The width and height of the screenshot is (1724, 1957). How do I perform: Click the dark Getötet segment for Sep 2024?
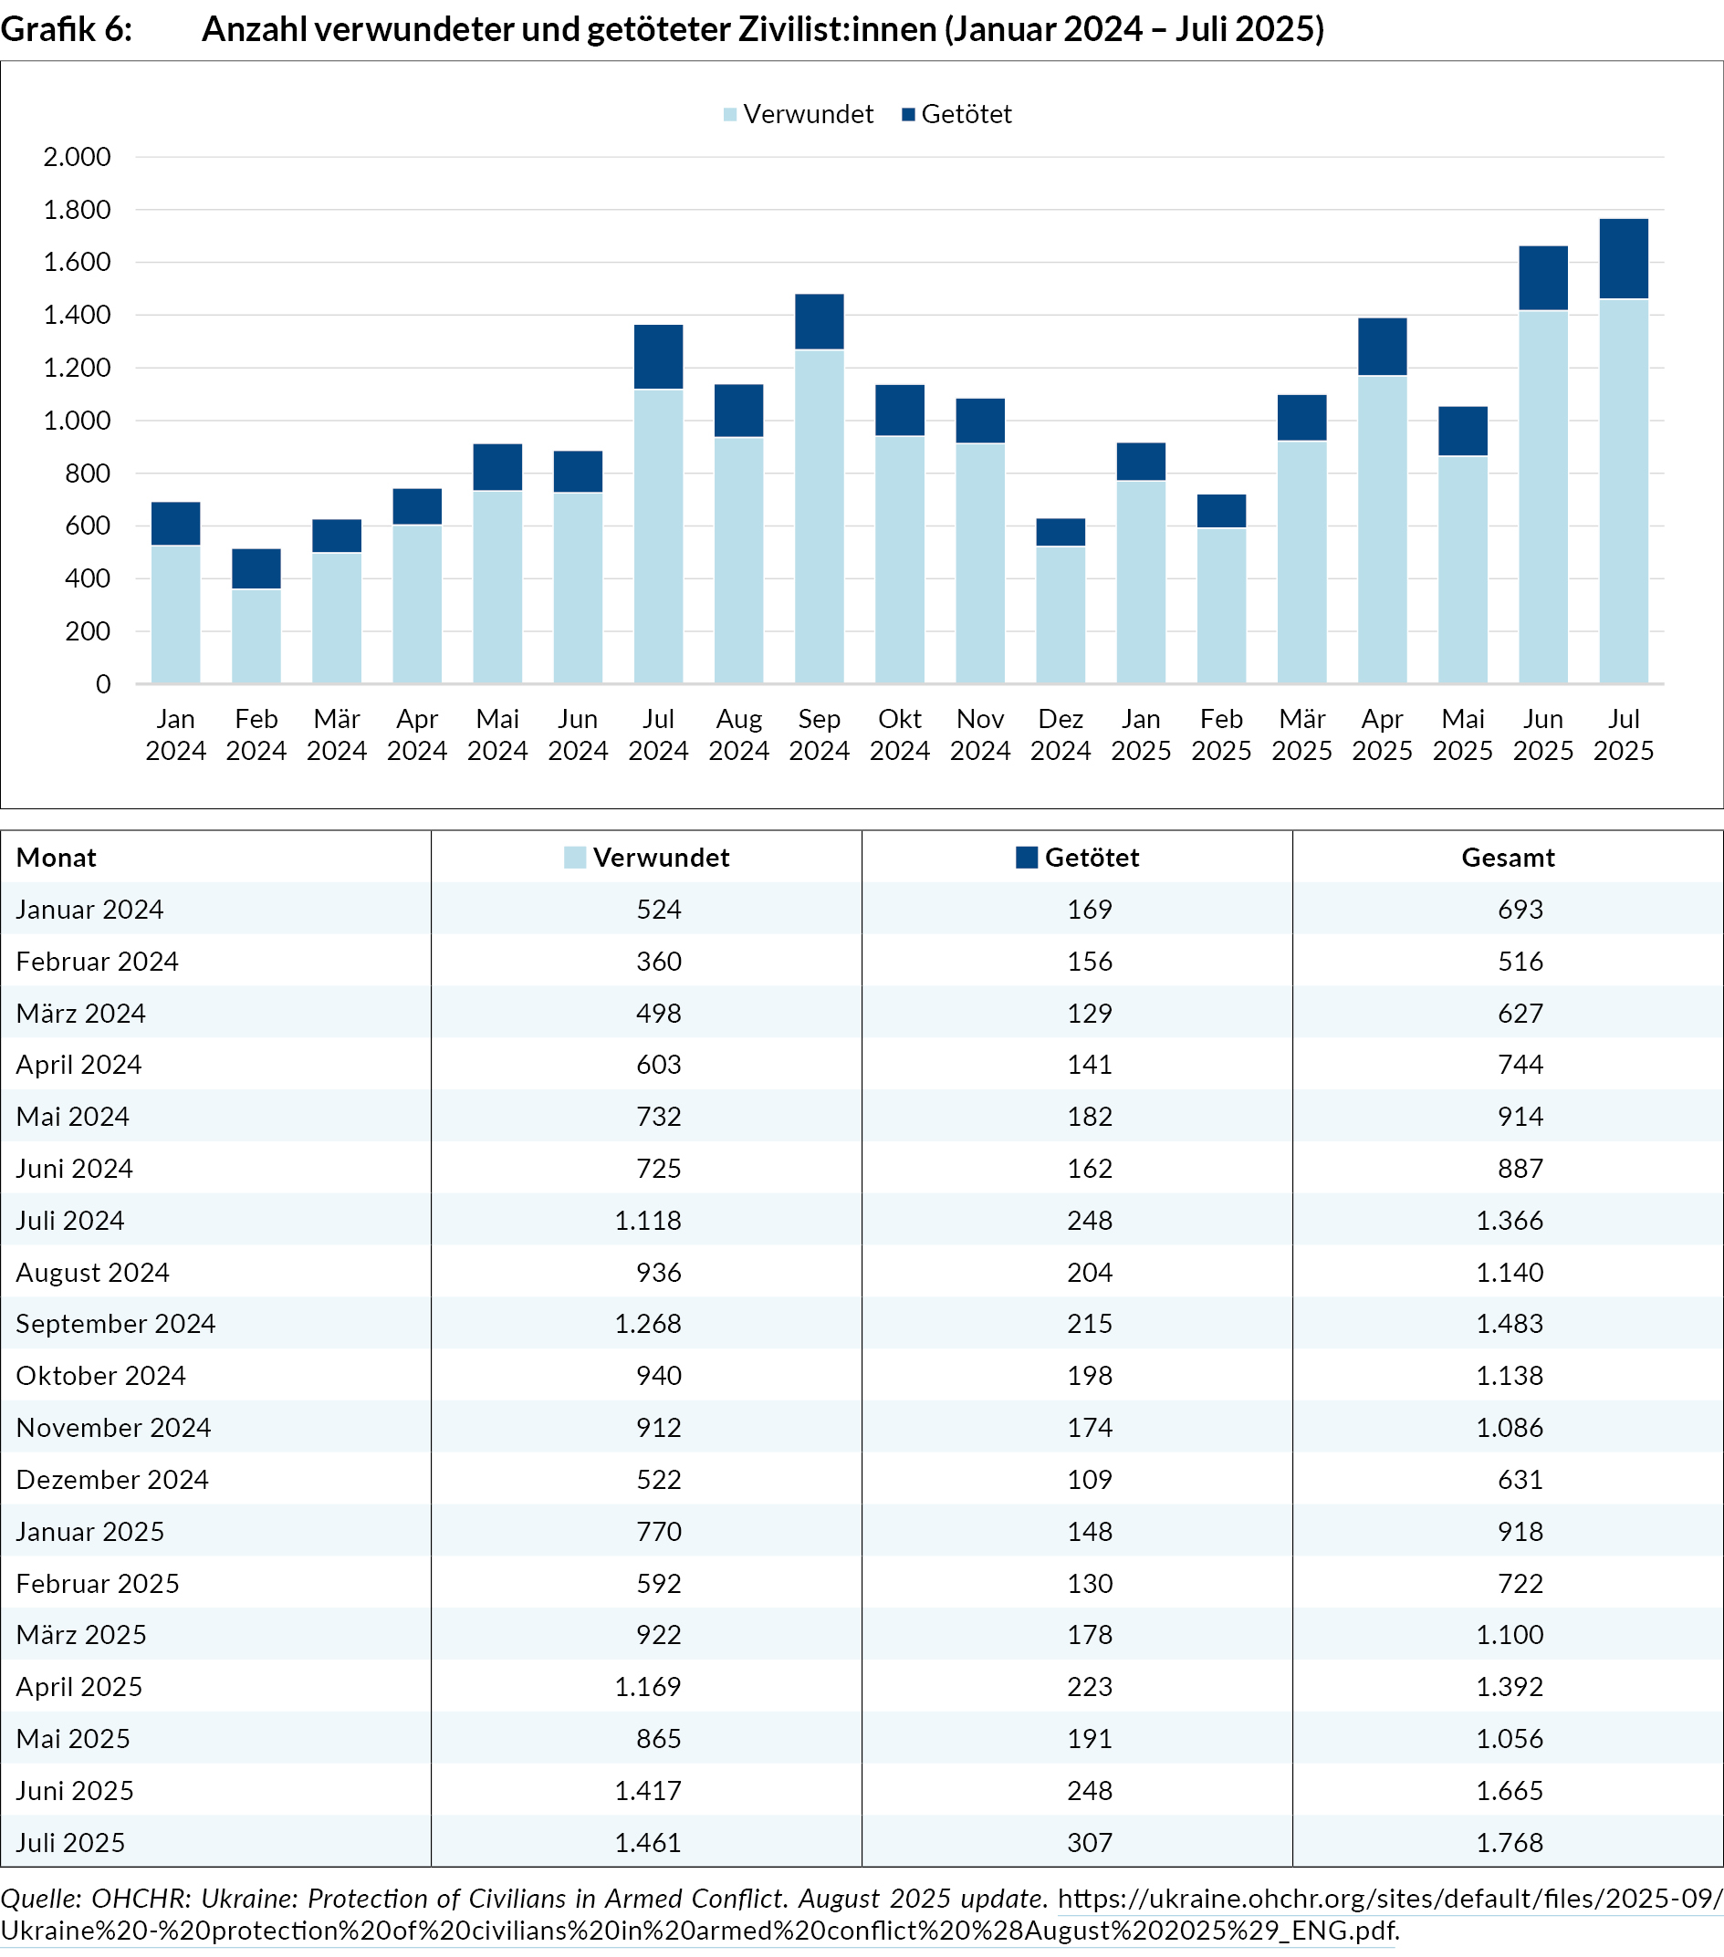click(819, 322)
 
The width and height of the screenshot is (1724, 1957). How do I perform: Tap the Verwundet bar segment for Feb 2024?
click(256, 636)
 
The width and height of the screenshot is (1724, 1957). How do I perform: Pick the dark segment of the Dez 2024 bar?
click(1061, 532)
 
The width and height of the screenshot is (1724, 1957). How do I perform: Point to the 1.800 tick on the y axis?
click(77, 210)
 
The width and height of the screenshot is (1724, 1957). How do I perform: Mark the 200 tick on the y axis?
click(89, 631)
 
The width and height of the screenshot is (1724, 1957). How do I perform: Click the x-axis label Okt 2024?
click(899, 734)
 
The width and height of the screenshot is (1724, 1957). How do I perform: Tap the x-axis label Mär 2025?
click(1301, 734)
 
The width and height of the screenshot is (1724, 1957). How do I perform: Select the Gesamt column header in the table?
click(1508, 857)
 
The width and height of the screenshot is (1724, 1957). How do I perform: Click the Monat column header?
click(57, 857)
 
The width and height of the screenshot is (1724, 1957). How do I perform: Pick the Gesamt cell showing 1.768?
click(1510, 1842)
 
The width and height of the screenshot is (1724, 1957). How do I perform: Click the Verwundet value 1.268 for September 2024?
click(648, 1323)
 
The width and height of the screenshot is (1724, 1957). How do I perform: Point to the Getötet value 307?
click(1090, 1842)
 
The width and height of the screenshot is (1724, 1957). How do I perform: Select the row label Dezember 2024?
click(112, 1479)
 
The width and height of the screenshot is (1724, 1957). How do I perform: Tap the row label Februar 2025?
click(98, 1583)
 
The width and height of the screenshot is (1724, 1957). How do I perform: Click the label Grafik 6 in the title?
click(66, 30)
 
